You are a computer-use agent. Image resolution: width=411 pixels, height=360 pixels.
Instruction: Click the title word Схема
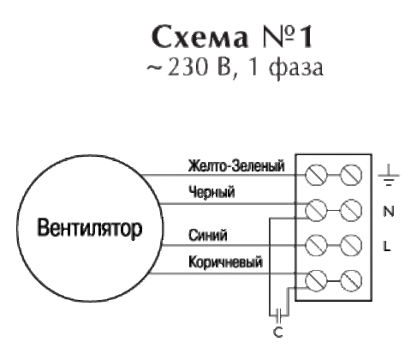click(x=200, y=37)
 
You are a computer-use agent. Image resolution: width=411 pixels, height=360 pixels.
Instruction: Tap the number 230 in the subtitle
click(x=187, y=68)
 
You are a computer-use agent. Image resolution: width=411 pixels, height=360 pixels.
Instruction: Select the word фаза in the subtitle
click(x=296, y=69)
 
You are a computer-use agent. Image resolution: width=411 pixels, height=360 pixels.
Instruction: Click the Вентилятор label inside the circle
click(x=90, y=229)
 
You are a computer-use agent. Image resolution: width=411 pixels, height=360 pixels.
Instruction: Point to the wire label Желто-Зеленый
click(x=236, y=166)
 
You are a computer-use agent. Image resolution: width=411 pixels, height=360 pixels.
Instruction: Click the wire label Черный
click(x=211, y=192)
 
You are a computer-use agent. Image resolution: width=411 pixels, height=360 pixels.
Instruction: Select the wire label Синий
click(x=208, y=235)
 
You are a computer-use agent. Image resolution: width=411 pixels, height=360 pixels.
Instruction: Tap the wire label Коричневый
click(x=225, y=262)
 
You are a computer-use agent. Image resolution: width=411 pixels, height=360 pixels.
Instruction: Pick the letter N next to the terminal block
click(x=388, y=212)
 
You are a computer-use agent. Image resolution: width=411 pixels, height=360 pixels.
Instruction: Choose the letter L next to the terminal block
click(x=387, y=246)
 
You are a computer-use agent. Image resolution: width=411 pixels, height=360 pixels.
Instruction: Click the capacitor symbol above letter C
click(x=279, y=315)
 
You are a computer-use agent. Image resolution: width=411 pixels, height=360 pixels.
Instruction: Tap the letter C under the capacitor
click(x=277, y=333)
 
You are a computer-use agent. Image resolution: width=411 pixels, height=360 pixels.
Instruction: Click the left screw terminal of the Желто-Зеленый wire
click(x=316, y=175)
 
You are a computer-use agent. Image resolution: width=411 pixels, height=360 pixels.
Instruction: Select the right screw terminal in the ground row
click(x=351, y=175)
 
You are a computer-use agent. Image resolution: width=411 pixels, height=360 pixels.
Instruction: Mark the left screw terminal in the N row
click(x=316, y=210)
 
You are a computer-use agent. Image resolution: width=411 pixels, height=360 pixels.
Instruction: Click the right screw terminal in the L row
click(x=351, y=245)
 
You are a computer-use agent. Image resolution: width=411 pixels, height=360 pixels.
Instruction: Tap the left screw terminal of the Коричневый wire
click(x=316, y=280)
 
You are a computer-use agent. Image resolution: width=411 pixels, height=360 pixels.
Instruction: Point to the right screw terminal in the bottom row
click(x=351, y=280)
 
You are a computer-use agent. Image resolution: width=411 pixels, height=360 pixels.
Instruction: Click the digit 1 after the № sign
click(x=306, y=37)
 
